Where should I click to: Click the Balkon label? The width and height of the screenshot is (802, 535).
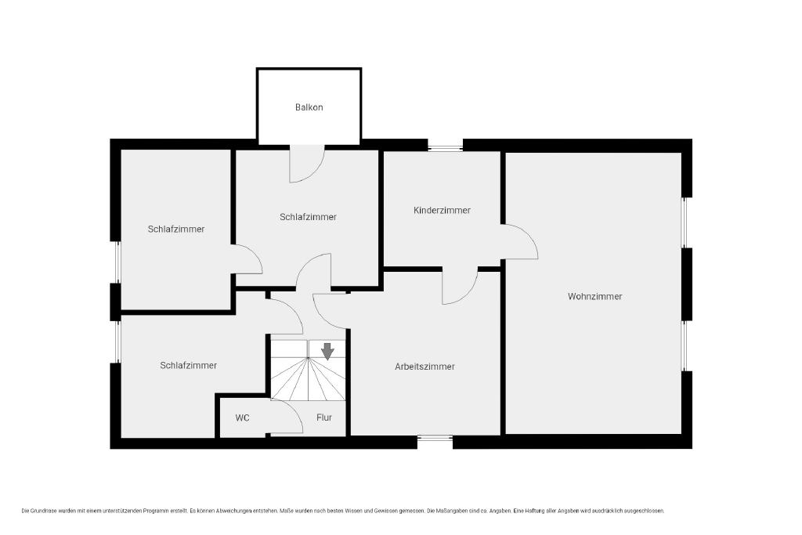(x=309, y=107)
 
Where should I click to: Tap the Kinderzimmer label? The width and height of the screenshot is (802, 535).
(x=442, y=210)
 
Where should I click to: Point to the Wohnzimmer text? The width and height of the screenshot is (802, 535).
(x=595, y=296)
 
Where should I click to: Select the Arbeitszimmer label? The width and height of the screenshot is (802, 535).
(x=424, y=367)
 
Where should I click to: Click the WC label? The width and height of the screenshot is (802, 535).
(x=243, y=418)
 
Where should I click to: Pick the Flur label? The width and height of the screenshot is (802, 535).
(x=324, y=418)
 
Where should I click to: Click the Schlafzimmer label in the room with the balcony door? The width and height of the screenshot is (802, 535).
(x=308, y=217)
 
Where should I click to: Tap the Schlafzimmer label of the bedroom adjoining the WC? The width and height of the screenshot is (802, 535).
(x=188, y=365)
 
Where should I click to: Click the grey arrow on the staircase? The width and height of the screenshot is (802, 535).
(x=327, y=352)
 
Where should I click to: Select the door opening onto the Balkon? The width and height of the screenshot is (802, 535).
(x=307, y=164)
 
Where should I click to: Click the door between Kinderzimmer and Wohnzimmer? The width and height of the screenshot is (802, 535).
(x=519, y=241)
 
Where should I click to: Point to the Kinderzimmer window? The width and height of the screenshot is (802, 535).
(x=445, y=148)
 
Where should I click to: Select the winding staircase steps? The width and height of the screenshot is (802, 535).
(x=308, y=371)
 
